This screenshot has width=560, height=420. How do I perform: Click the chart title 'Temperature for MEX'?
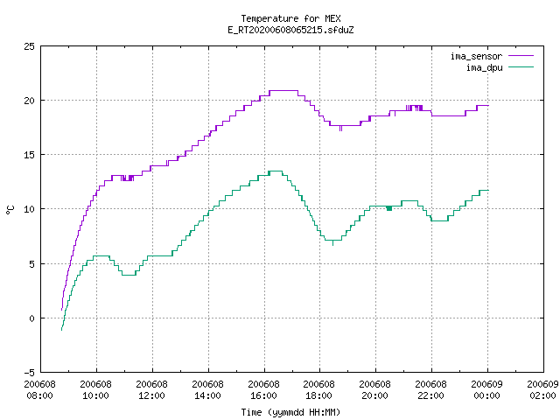[x=290, y=18]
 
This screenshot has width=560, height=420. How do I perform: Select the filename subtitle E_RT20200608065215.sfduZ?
[x=290, y=30]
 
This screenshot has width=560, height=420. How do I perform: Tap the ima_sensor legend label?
[x=476, y=56]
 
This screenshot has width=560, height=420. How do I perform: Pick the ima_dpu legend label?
[x=484, y=67]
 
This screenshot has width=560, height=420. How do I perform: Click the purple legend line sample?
[x=521, y=56]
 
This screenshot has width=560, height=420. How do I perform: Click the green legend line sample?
[x=521, y=66]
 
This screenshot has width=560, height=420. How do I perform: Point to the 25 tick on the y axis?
[x=29, y=46]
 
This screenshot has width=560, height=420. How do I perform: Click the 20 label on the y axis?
[x=29, y=101]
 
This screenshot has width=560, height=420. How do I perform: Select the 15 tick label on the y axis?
[x=29, y=155]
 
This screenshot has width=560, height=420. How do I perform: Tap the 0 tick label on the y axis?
[x=32, y=318]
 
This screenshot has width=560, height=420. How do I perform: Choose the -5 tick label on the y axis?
[x=29, y=373]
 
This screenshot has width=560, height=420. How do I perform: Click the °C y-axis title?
[x=10, y=210]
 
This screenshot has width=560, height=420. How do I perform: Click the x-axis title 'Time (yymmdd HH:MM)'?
[x=290, y=412]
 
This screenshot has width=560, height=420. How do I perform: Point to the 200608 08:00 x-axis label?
[x=39, y=389]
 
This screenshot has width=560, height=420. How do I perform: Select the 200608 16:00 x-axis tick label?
[x=263, y=389]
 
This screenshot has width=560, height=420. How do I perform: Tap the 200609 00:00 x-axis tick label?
[x=486, y=389]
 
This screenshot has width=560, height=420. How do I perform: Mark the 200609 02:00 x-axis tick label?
[x=542, y=389]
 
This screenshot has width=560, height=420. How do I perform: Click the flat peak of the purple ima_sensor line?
[x=283, y=91]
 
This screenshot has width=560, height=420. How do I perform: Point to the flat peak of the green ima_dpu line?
[x=275, y=171]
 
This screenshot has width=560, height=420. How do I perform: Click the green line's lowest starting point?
[x=62, y=330]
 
